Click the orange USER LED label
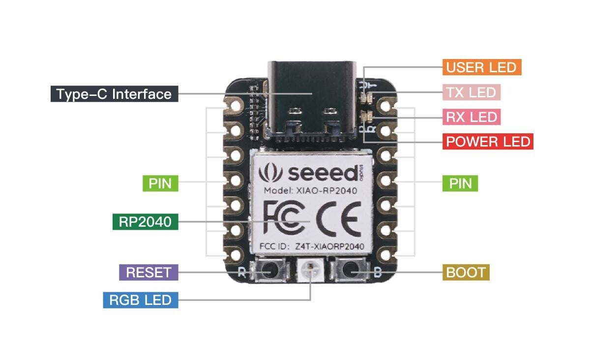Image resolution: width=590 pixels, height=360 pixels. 482,67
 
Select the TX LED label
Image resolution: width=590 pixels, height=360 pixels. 472,92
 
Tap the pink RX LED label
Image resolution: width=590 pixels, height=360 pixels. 472,117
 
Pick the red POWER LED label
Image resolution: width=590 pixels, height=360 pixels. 488,142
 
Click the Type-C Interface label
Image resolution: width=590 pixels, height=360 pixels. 114,94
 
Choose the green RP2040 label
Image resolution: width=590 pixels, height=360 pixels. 146,222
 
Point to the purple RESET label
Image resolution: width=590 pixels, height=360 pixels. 148,272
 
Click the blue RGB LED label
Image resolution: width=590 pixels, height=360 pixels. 141,300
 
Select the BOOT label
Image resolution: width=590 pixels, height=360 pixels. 466,272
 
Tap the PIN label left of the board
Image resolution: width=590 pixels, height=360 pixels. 160,183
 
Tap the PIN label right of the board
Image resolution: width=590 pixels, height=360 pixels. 460,183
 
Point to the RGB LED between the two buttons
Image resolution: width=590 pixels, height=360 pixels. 311,270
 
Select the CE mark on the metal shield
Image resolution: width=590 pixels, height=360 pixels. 338,219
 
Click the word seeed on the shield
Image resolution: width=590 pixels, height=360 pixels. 323,174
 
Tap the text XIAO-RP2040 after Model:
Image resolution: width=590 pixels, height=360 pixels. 326,190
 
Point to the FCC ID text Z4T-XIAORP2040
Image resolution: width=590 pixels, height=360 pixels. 329,246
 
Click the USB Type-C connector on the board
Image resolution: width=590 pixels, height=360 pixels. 312,101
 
